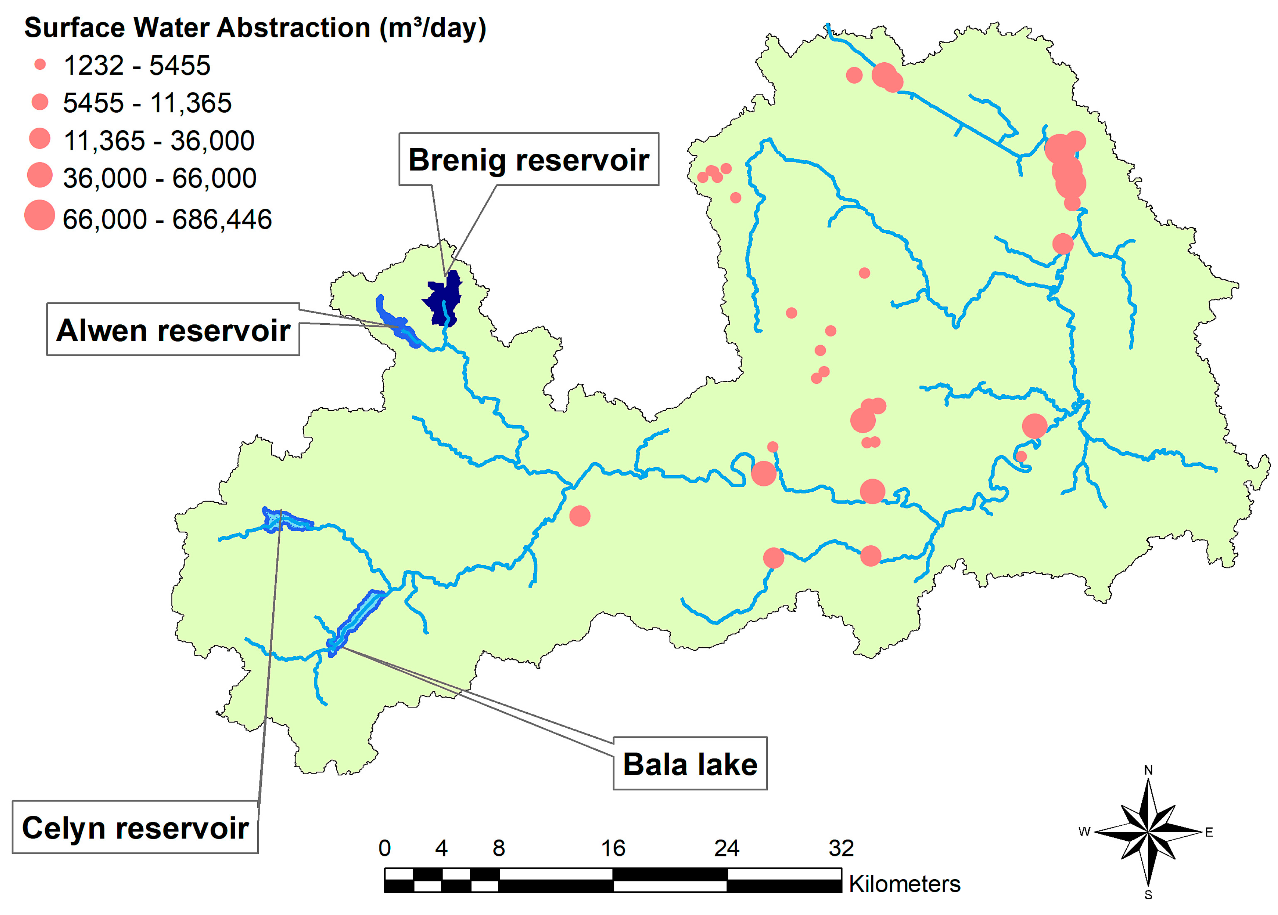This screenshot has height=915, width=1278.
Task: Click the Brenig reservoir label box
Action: pos(528,159)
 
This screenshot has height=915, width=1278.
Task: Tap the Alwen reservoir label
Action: pos(173,330)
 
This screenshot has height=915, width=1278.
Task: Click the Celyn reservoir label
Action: pos(135,828)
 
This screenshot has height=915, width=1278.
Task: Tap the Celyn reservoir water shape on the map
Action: pos(285,520)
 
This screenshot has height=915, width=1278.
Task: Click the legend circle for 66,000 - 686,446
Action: pos(40,215)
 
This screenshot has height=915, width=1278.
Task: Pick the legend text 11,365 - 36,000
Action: pos(159,140)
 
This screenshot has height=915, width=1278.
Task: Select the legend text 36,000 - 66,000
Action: pos(159,178)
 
